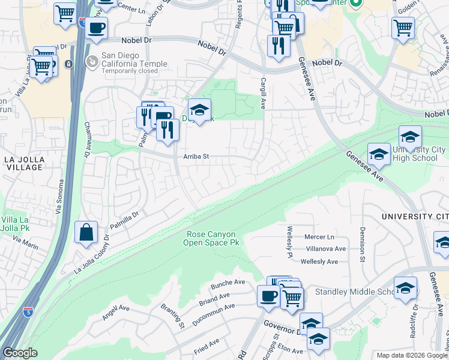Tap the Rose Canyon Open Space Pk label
[x=211, y=238]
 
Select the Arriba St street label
[x=196, y=157]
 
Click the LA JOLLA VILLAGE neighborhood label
[x=24, y=163]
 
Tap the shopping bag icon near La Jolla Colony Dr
[x=86, y=233]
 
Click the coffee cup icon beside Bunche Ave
[x=268, y=296]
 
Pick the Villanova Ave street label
[x=326, y=249]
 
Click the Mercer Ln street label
[x=319, y=237]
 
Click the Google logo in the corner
[x=20, y=352]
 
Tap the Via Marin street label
[x=25, y=241]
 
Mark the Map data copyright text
[x=411, y=355]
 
